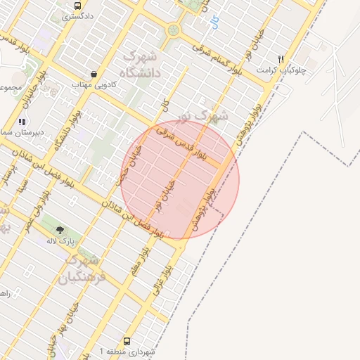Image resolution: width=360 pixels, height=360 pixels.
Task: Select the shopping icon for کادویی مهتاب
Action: pos(94,74)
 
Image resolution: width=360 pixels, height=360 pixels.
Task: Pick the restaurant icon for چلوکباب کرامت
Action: pos(281,60)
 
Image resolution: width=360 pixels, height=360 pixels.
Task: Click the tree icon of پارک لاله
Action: pos(60,230)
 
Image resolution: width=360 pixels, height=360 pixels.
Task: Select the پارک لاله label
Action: pos(60,241)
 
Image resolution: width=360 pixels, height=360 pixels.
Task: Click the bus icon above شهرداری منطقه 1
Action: pos(127,340)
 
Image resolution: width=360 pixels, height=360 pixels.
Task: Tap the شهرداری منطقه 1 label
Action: pos(131,350)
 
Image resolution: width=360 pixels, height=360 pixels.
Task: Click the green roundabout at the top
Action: pos(173,30)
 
